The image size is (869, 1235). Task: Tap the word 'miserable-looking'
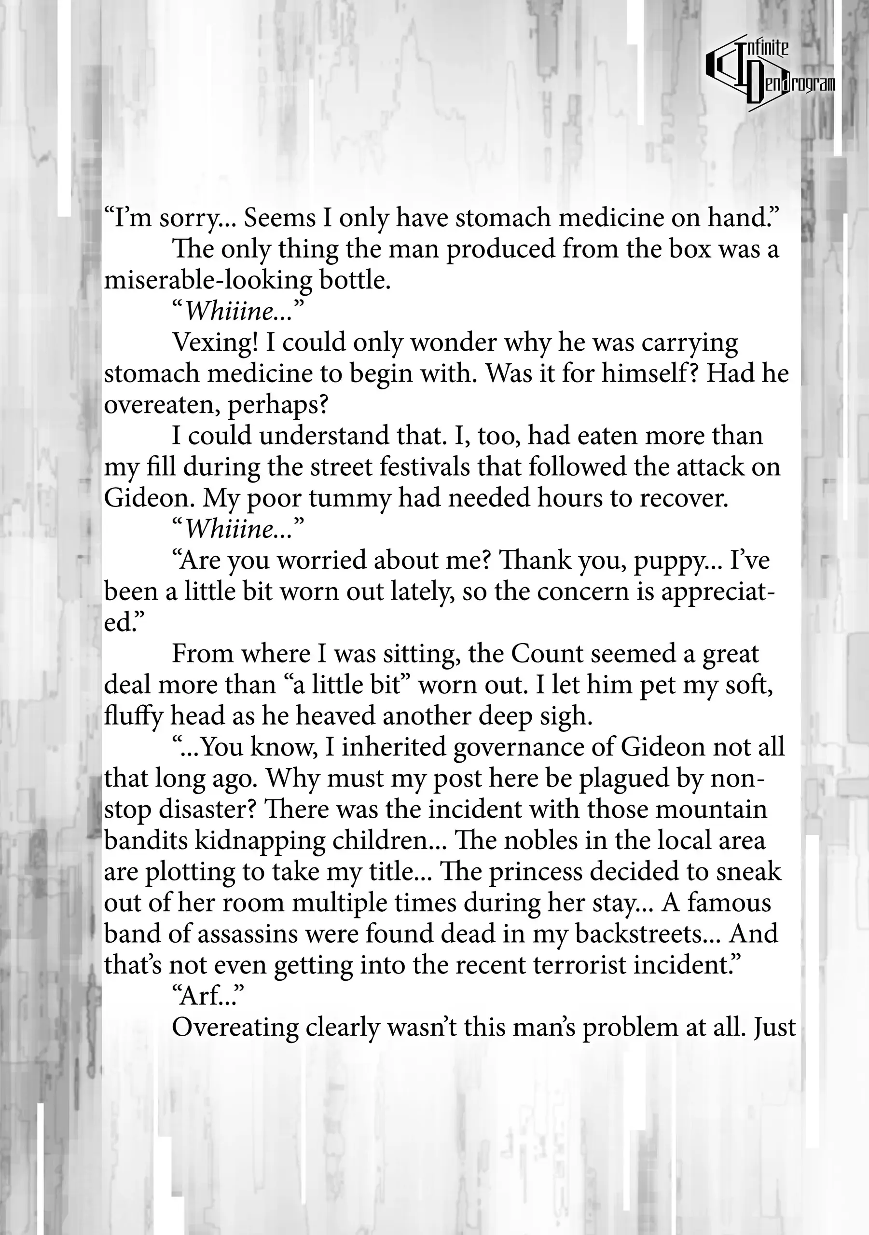point(207,281)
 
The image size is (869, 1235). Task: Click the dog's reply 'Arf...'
point(205,997)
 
